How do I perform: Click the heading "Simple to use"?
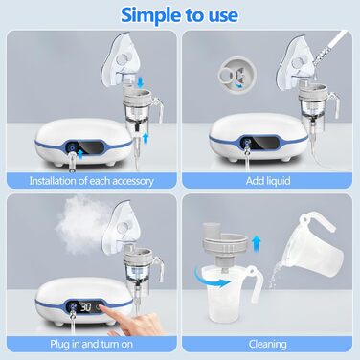(179, 15)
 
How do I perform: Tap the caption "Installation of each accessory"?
(92, 181)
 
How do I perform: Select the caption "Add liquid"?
(268, 181)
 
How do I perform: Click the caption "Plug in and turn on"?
(92, 344)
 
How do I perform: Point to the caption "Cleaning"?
(268, 344)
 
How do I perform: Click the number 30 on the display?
(85, 307)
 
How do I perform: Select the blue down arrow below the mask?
(140, 82)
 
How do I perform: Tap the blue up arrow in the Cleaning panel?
(256, 243)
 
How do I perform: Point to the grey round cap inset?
(236, 76)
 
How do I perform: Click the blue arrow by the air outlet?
(80, 155)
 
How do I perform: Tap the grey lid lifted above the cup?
(226, 243)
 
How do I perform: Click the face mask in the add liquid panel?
(295, 66)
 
